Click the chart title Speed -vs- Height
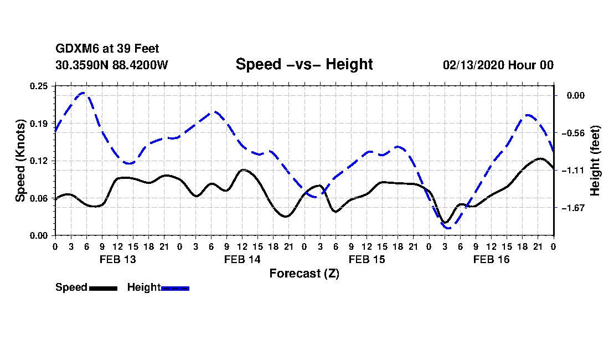click(304, 64)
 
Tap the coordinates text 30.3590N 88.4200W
click(111, 65)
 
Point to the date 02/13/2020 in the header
click(473, 65)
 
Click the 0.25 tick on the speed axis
click(39, 86)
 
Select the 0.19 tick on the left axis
click(39, 124)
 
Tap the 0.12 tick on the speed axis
click(39, 161)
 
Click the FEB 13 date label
click(118, 259)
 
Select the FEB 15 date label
click(367, 259)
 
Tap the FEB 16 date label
click(491, 259)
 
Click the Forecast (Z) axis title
click(304, 274)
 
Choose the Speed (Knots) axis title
click(20, 161)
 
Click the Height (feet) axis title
click(595, 161)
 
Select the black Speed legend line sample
click(103, 288)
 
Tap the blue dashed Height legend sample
click(175, 288)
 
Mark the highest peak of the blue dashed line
click(82, 93)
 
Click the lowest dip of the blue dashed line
click(448, 228)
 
